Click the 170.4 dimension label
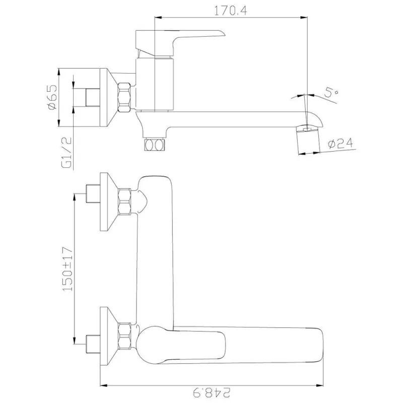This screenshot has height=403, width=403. click(x=231, y=11)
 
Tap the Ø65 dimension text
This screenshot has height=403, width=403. click(x=52, y=97)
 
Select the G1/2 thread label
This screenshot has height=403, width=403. click(x=66, y=153)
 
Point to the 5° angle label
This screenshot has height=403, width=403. click(x=331, y=93)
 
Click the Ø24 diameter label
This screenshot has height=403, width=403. click(x=341, y=144)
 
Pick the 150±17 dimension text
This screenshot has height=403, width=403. click(x=68, y=269)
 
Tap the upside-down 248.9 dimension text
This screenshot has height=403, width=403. click(x=212, y=392)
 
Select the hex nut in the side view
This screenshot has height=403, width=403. click(x=124, y=97)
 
